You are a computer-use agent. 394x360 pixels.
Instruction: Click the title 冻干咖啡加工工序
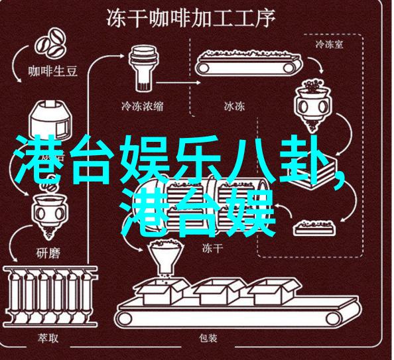(190, 18)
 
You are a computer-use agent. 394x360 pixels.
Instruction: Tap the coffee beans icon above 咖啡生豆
(50, 44)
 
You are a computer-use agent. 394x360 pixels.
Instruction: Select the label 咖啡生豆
(52, 72)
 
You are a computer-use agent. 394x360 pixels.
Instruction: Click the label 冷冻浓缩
(142, 106)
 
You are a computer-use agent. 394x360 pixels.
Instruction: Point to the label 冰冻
(234, 106)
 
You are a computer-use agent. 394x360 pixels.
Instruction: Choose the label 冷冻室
(329, 44)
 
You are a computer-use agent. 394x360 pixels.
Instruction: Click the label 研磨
(48, 253)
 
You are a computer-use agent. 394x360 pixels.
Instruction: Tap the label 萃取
(48, 338)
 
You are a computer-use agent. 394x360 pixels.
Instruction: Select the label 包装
(208, 338)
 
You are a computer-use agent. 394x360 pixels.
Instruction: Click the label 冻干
(212, 248)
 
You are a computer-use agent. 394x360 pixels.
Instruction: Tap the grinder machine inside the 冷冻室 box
(313, 105)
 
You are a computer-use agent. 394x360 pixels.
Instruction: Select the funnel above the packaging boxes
(166, 257)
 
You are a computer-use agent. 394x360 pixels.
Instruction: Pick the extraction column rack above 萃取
(50, 296)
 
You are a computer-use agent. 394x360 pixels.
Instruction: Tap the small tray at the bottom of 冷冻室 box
(314, 228)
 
